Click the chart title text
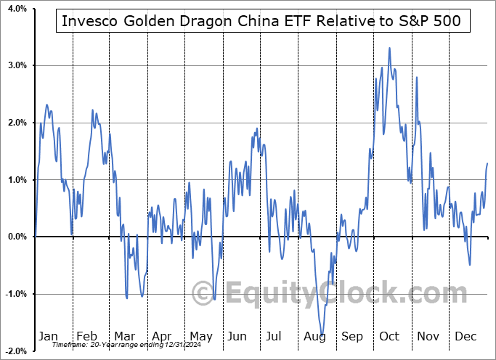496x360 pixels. click(261, 21)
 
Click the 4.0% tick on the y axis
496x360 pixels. click(15, 9)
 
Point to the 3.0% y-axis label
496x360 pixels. click(15, 65)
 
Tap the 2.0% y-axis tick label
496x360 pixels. click(15, 123)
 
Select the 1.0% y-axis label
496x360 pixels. click(15, 180)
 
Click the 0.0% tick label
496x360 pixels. click(15, 237)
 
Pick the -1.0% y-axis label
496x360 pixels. click(14, 294)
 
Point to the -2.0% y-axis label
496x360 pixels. click(14, 351)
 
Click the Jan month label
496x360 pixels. click(48, 336)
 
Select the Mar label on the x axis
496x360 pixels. click(125, 336)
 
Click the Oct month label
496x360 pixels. click(390, 336)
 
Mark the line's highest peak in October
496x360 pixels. click(390, 48)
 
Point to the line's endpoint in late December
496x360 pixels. click(487, 164)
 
